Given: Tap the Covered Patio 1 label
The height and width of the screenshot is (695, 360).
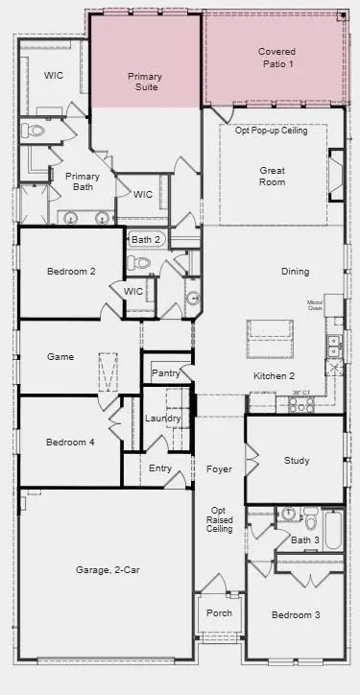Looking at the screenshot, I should coord(276,57).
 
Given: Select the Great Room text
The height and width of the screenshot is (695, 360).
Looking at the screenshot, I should coord(272,176).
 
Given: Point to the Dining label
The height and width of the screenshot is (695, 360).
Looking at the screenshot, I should coord(296,272).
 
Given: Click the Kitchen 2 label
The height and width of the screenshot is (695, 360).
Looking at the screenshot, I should coord(274,376).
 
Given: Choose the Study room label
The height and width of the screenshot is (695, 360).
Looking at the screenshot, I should coord(297,461).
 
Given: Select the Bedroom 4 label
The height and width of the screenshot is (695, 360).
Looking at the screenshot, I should coord(71,443).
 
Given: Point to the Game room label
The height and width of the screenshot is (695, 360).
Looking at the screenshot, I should coord(60,357).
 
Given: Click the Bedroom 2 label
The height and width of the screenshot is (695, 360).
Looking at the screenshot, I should coord(71,272).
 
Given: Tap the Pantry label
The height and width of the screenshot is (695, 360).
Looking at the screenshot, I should coord(165,372).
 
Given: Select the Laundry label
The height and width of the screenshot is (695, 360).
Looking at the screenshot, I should coord(162,419).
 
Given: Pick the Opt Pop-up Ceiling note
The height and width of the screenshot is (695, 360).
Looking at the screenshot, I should coord(274,131).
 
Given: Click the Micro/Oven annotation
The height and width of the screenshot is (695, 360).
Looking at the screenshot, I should coord(315,305).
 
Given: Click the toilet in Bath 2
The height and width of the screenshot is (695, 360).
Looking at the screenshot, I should coord(141,262).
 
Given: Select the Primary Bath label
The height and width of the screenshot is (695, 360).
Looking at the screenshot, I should coord(83,181).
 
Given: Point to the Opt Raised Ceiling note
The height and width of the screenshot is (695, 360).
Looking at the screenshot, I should coord(219,519).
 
